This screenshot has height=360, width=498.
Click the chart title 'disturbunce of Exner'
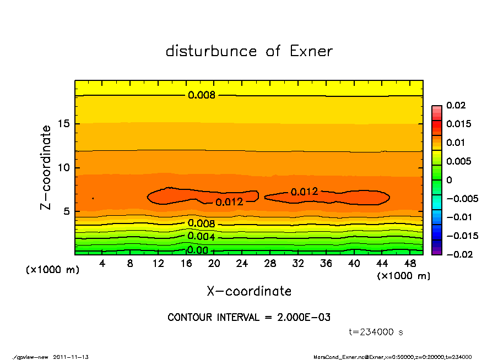pyautogui.click(x=249, y=51)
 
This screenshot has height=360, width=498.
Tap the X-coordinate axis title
pyautogui.click(x=249, y=291)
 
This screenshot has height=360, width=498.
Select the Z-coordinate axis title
pyautogui.click(x=46, y=167)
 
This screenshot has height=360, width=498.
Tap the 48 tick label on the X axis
pyautogui.click(x=410, y=264)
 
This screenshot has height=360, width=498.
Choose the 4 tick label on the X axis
pyautogui.click(x=102, y=264)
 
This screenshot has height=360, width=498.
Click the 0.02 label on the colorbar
pyautogui.click(x=456, y=106)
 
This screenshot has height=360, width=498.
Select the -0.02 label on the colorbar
pyautogui.click(x=458, y=254)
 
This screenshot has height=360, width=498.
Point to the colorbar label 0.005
pyautogui.click(x=458, y=161)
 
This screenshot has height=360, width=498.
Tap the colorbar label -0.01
pyautogui.click(x=458, y=217)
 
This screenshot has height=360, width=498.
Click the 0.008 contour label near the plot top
pyautogui.click(x=202, y=95)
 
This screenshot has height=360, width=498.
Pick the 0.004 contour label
pyautogui.click(x=201, y=237)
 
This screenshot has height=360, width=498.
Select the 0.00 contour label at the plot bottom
pyautogui.click(x=197, y=250)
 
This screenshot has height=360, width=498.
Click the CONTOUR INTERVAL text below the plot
pyautogui.click(x=249, y=318)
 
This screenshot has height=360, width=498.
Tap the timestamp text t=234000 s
pyautogui.click(x=376, y=332)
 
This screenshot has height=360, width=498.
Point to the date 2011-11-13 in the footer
pyautogui.click(x=71, y=357)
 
